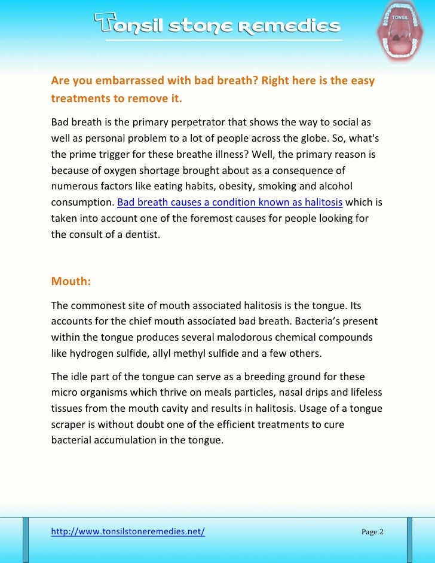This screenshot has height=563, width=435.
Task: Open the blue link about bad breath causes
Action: [x=229, y=202]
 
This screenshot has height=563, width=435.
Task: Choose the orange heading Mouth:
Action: [x=71, y=281]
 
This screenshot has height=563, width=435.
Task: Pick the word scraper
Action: [x=68, y=424]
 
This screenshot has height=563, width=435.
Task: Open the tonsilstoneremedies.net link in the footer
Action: [x=128, y=531]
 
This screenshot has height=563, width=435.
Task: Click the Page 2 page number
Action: [x=372, y=532]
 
